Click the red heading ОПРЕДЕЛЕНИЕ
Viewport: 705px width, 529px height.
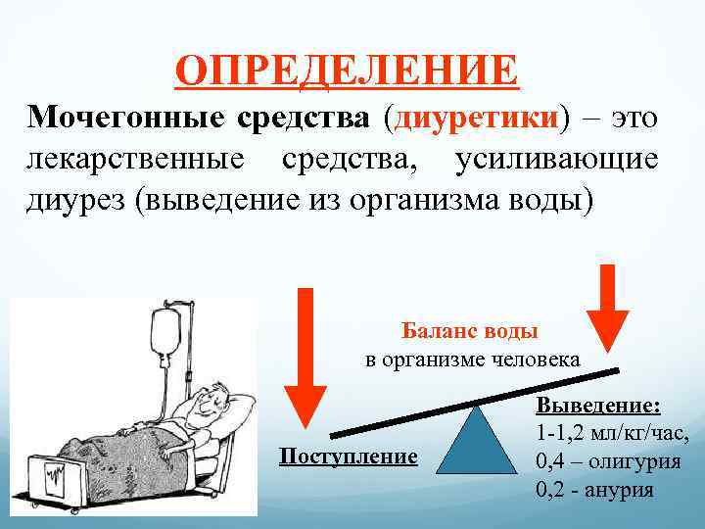pyautogui.click(x=348, y=71)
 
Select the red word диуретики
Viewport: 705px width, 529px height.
pyautogui.click(x=478, y=120)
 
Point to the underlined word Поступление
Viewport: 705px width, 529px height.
pyautogui.click(x=348, y=457)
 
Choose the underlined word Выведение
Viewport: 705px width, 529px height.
pyautogui.click(x=597, y=406)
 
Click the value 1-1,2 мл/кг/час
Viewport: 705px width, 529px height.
pyautogui.click(x=613, y=434)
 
